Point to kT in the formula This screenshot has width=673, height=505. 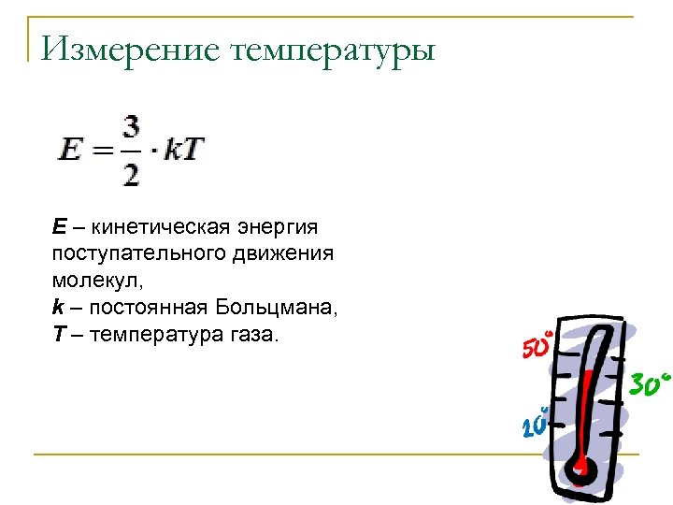184,150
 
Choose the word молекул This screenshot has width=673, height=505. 90,280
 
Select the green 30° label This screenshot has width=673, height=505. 650,382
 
